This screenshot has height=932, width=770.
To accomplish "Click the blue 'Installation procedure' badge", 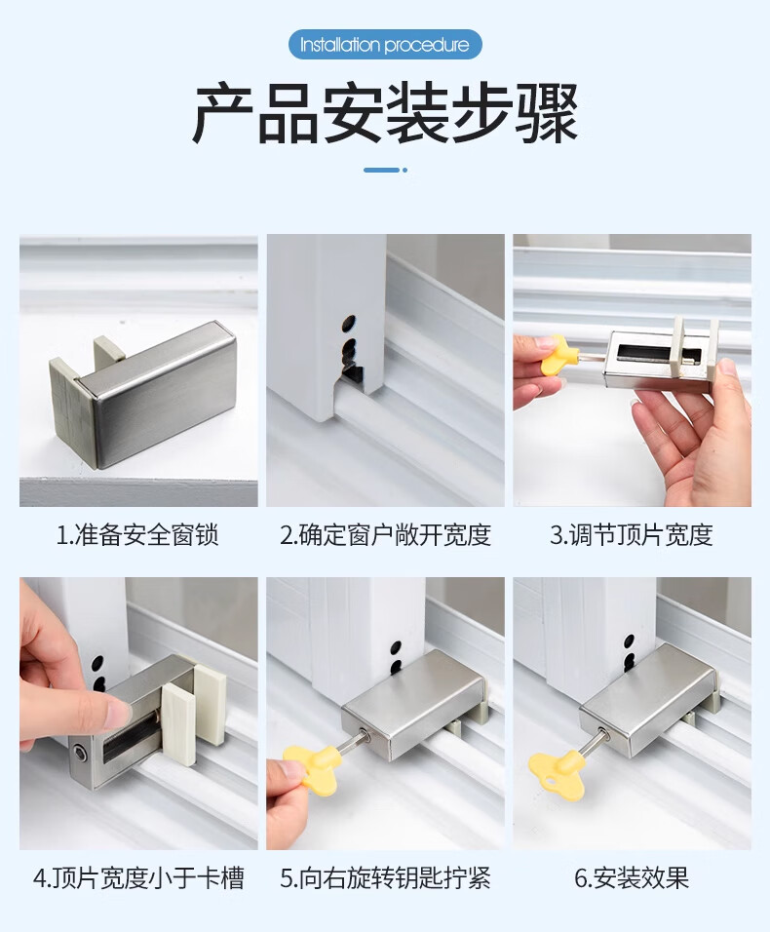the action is [385, 45].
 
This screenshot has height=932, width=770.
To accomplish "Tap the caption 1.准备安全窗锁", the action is [137, 535].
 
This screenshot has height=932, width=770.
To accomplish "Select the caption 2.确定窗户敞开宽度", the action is [386, 535].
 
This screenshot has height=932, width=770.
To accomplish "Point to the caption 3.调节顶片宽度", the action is [632, 535].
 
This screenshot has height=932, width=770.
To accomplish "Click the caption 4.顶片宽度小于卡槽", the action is [138, 878].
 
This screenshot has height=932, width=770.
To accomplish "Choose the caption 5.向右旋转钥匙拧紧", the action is [386, 878].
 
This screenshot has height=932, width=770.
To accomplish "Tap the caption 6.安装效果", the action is [632, 878].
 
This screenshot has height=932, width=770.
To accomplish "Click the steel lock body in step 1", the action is [156, 392].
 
